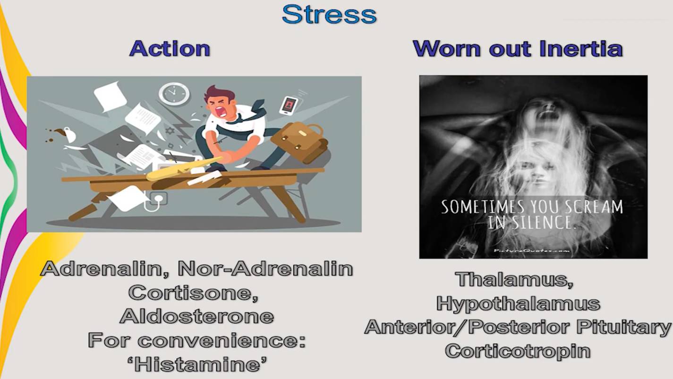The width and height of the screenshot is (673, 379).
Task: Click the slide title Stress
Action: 329,15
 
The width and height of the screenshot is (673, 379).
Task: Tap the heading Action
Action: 170,48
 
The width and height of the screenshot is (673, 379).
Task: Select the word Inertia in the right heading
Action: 581,48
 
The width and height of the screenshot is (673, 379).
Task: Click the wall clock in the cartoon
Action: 174,94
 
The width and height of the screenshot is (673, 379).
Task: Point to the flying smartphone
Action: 289,105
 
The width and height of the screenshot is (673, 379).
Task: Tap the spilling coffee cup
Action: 68,134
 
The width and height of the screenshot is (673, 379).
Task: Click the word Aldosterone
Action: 197,316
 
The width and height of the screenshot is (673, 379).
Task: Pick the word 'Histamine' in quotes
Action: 197,364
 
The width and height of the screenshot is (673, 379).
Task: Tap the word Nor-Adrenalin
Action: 265,268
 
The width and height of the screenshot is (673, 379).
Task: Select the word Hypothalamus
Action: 518,303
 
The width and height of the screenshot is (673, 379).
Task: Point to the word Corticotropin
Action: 518,351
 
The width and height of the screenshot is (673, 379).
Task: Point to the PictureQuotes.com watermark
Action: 532,250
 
